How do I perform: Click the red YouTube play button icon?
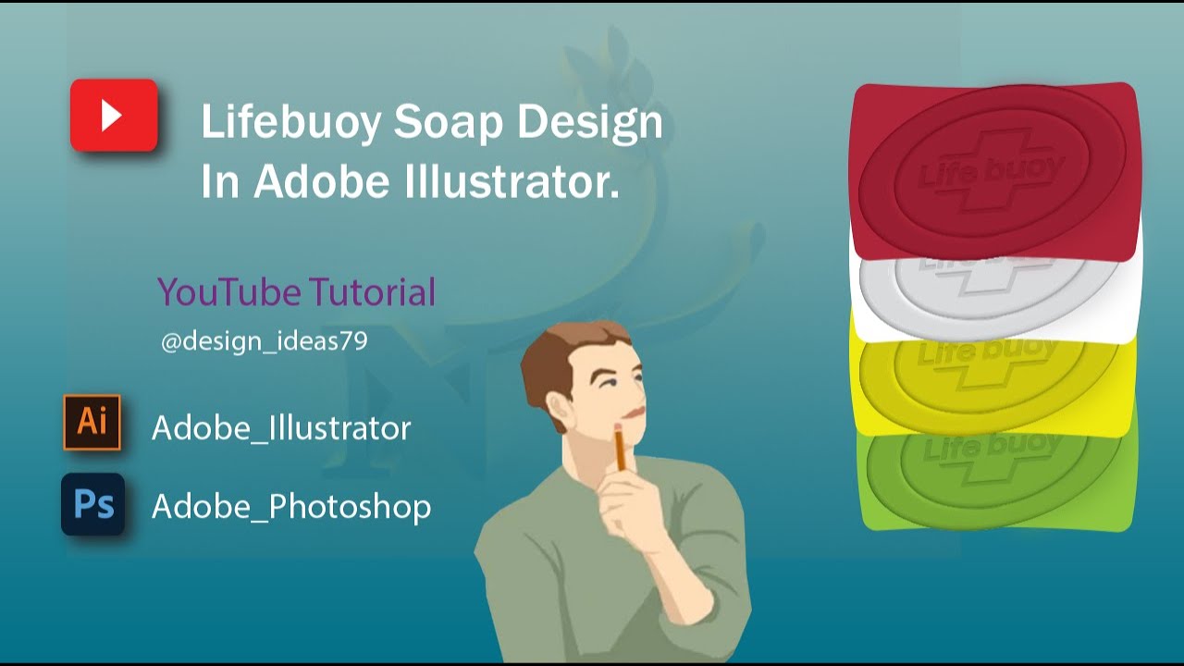click(114, 116)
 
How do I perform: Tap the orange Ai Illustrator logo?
click(92, 423)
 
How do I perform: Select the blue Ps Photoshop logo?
click(92, 504)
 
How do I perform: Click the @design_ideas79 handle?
click(264, 341)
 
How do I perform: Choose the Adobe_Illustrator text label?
click(281, 428)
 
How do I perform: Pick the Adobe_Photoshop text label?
click(291, 507)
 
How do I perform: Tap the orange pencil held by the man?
click(619, 449)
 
